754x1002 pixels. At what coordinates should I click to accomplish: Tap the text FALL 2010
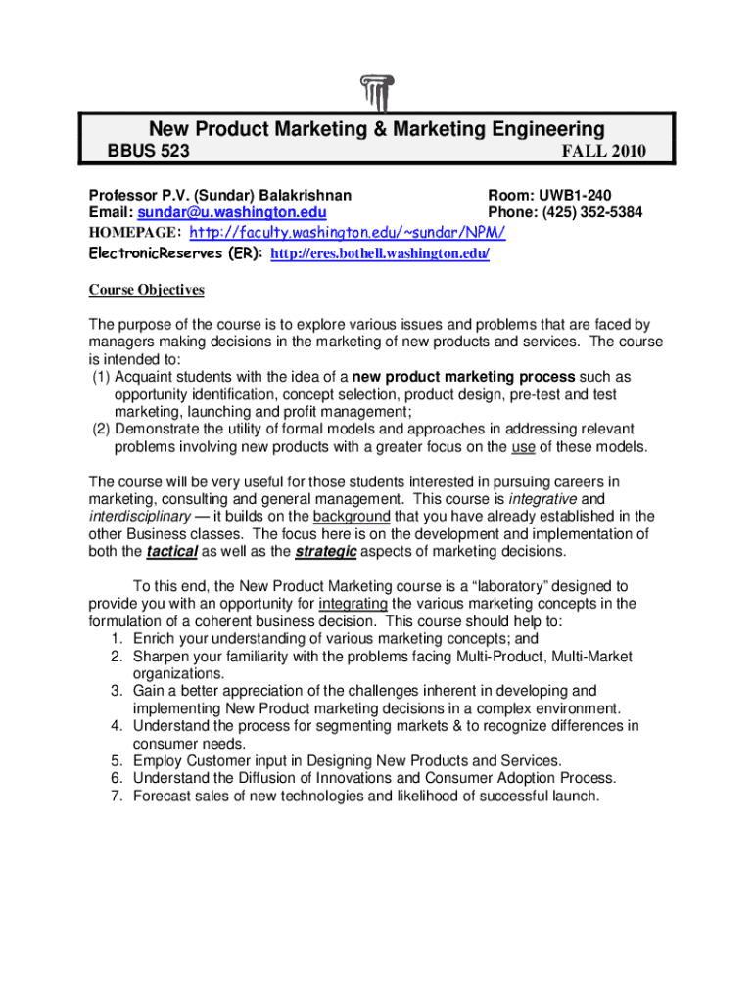click(603, 152)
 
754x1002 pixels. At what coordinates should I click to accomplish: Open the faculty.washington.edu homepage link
click(347, 233)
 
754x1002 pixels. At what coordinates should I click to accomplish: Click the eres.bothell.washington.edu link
click(379, 254)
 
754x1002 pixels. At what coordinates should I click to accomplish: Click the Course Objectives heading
click(147, 290)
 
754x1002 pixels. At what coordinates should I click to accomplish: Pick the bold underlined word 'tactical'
click(172, 552)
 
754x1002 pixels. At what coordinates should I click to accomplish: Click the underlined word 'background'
click(352, 517)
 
